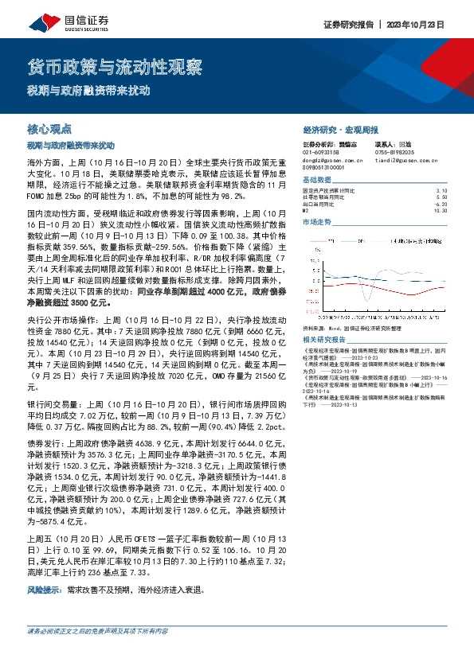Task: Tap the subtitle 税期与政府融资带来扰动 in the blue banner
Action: pos(89,91)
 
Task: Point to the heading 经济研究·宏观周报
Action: pos(341,129)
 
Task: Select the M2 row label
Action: pos(306,210)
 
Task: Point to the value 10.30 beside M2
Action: pos(442,210)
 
